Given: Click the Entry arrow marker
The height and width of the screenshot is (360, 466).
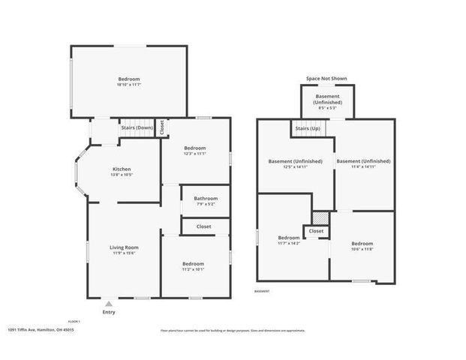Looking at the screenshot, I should [x=110, y=304].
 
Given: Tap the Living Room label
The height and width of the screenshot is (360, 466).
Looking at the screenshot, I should [x=125, y=247].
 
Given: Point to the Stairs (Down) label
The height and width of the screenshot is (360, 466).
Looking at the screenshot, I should [x=137, y=128].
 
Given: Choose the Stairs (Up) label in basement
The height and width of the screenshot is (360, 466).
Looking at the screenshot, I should [x=305, y=129].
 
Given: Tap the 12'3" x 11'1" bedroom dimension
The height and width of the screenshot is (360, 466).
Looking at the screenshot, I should [x=195, y=154].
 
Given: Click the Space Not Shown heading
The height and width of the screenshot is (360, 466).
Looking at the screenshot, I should [x=326, y=78].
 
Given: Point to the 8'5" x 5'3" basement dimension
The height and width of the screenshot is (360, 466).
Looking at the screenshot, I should [x=326, y=108].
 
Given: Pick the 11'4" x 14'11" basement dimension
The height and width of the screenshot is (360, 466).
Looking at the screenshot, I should [x=363, y=167].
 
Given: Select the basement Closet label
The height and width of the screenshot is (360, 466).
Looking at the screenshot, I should [x=316, y=231].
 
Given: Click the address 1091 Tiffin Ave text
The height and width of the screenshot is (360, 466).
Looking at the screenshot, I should [x=41, y=329].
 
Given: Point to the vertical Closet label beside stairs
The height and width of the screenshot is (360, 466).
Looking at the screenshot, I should [x=161, y=128].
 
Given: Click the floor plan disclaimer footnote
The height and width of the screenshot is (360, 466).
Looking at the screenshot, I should [x=233, y=330].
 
